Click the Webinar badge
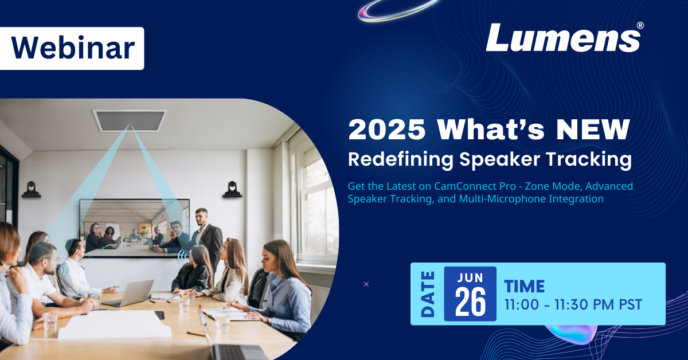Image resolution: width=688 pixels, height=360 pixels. point(72,49)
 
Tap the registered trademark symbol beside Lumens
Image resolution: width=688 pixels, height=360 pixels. point(640,26)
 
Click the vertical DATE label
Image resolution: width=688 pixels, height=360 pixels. point(427,294)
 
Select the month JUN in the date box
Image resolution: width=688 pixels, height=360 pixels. point(470,277)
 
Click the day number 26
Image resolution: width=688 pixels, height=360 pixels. point(470,303)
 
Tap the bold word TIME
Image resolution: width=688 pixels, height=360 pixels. point(524,285)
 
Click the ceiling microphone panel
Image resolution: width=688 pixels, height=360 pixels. point(129,120)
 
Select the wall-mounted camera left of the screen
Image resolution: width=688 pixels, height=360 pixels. point(31,189)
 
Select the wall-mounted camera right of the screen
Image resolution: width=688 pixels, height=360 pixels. point(232,189)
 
